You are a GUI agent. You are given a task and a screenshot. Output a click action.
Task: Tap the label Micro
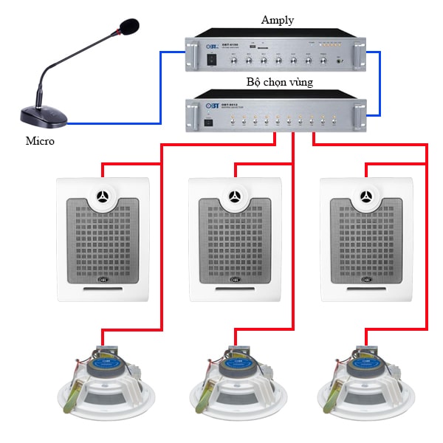40,140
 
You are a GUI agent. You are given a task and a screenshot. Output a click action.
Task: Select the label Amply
277,20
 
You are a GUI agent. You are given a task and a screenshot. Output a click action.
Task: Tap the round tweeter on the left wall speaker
103,197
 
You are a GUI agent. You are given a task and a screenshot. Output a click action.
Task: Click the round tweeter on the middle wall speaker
235,197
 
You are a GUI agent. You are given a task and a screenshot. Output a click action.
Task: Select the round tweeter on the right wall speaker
366,197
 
